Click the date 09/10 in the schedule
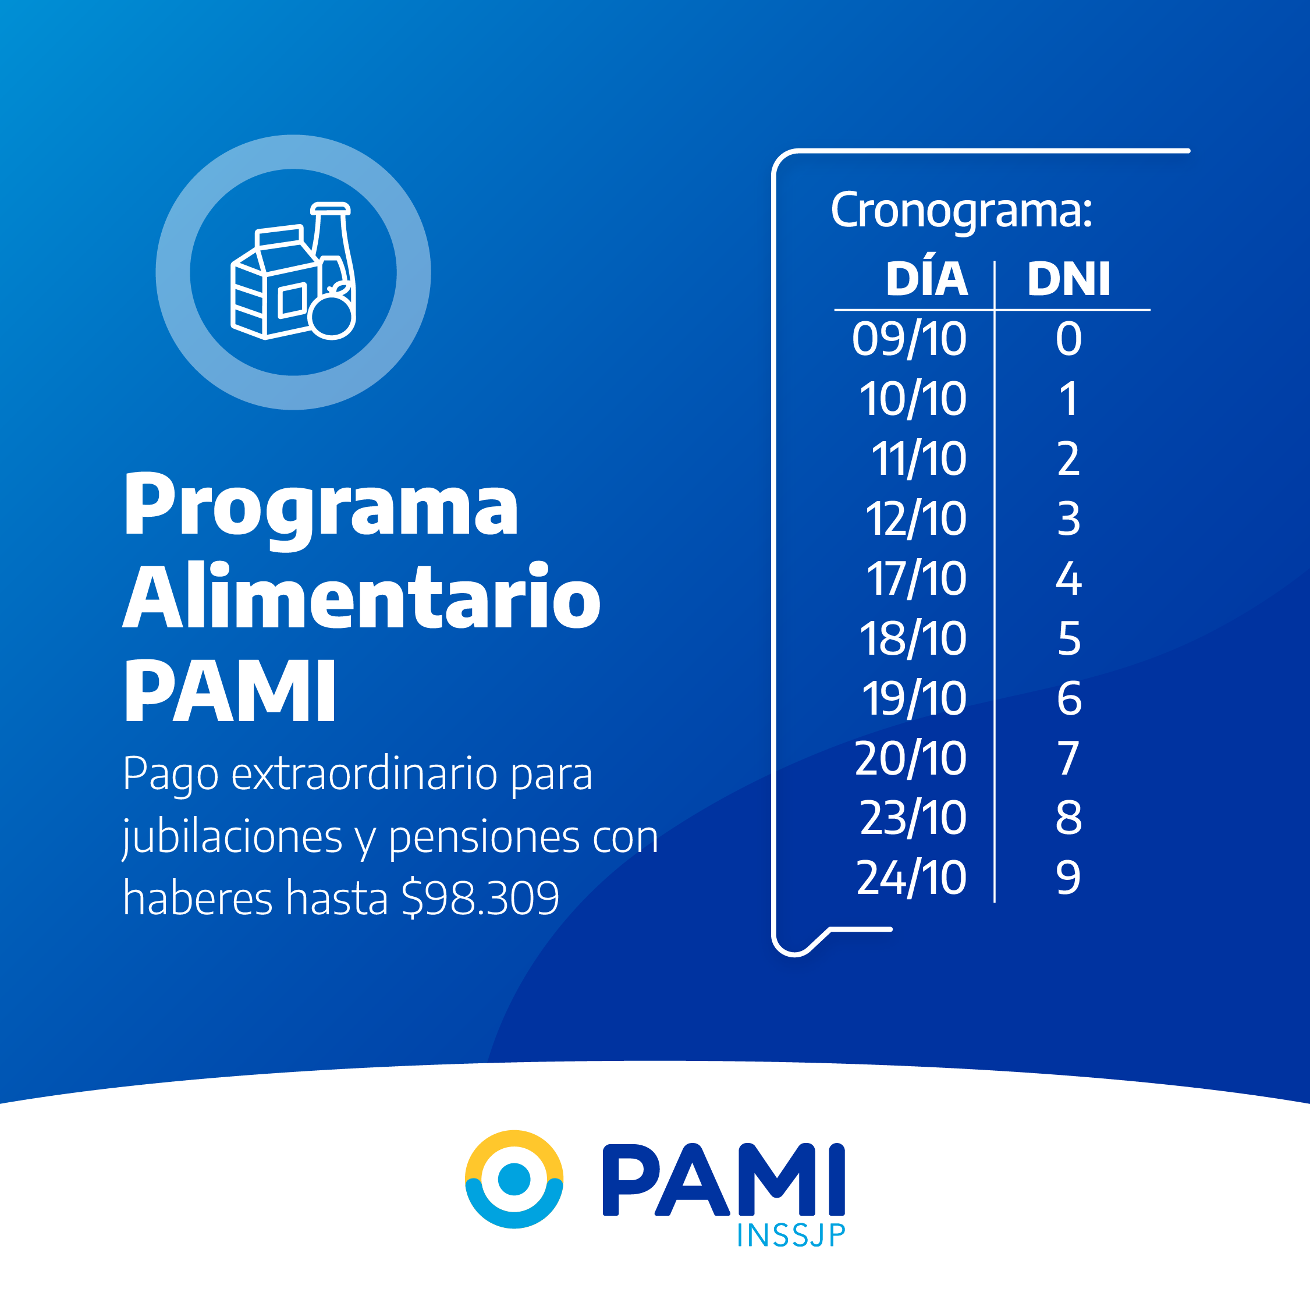coord(909,339)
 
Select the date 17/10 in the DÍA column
coord(916,579)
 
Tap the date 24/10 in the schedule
coord(911,878)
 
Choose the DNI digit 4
coord(1068,579)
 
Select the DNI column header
coord(1069,279)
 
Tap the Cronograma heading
coord(961,211)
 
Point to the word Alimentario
coord(361,596)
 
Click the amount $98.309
coord(480,899)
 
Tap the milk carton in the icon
coord(274,283)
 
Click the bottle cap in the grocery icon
coord(330,209)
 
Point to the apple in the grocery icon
coord(332,313)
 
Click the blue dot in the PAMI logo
coord(514,1180)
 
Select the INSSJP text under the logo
coord(791,1236)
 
